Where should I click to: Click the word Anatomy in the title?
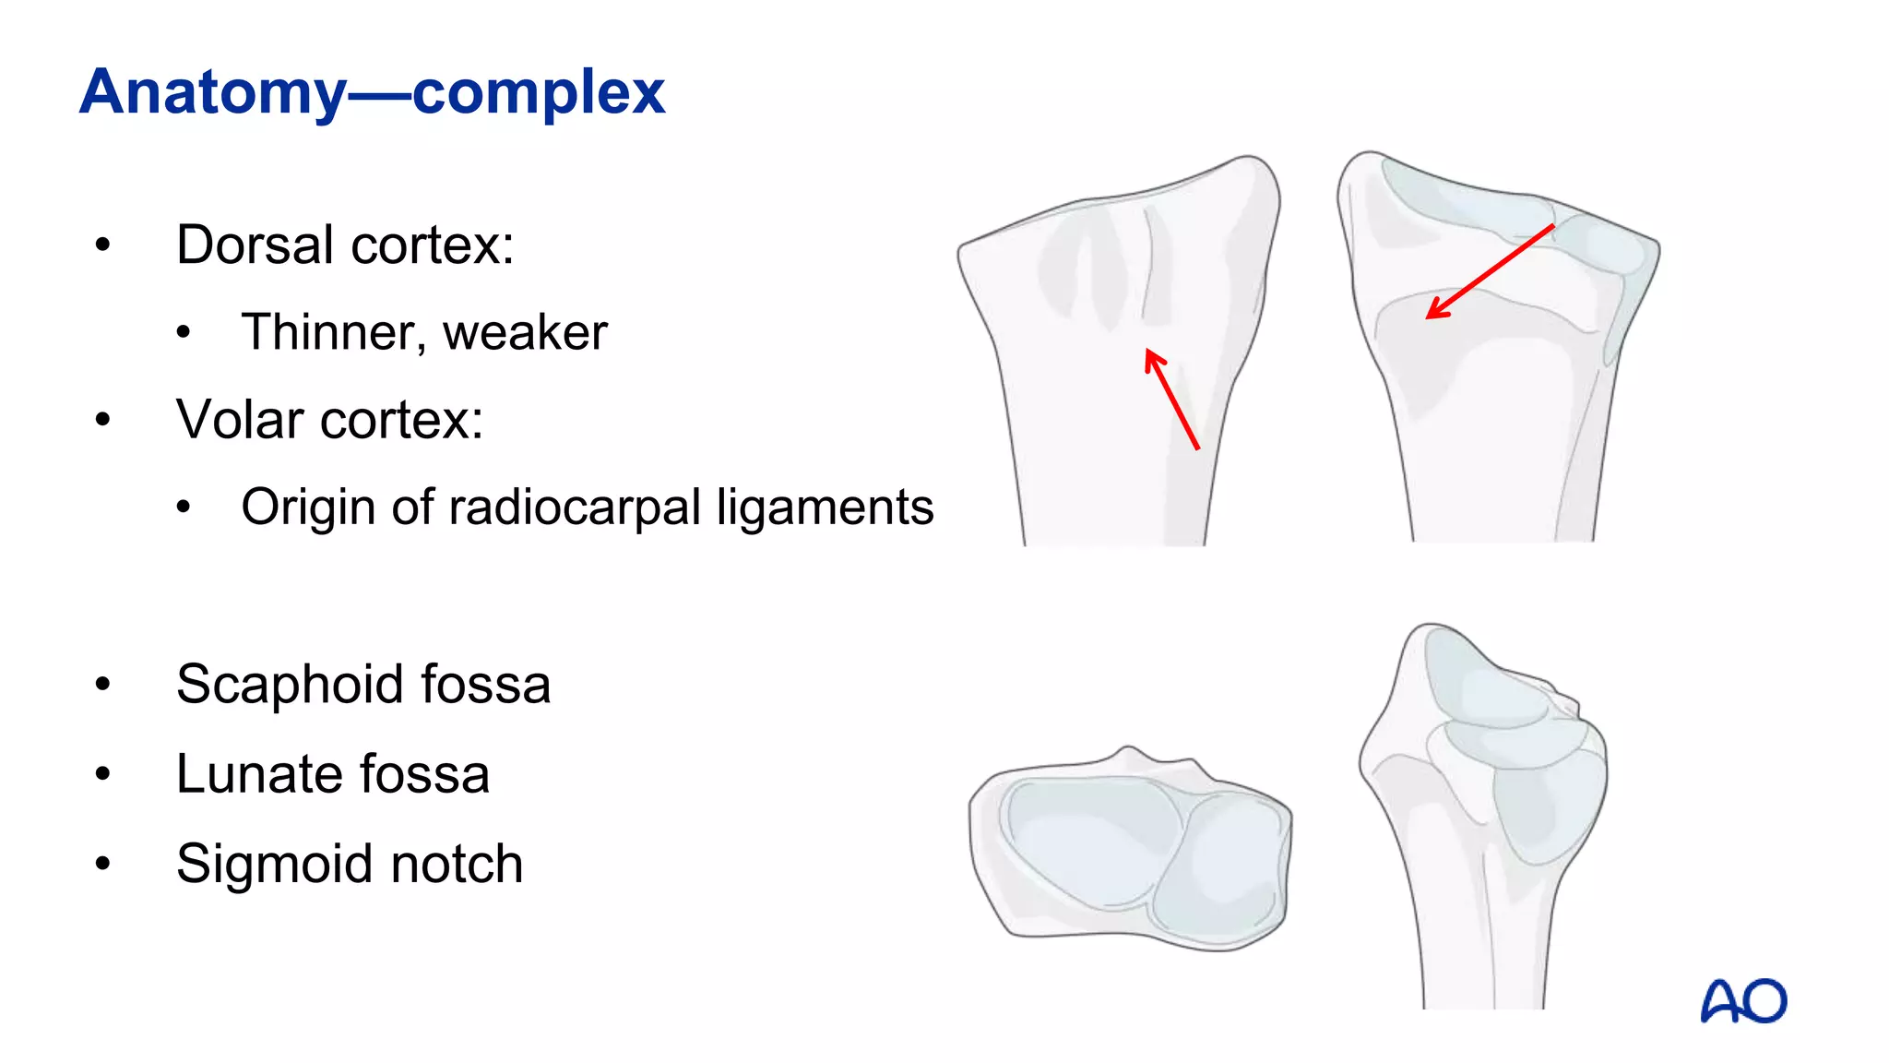click(212, 93)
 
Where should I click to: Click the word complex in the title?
click(539, 93)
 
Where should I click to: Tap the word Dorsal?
click(255, 245)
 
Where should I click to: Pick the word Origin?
click(308, 508)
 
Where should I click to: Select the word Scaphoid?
click(291, 685)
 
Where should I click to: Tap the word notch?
click(457, 865)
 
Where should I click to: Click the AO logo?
click(1743, 1001)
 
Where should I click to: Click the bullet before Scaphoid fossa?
click(102, 685)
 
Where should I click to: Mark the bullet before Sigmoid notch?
click(102, 865)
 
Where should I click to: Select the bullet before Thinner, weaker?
click(184, 332)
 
